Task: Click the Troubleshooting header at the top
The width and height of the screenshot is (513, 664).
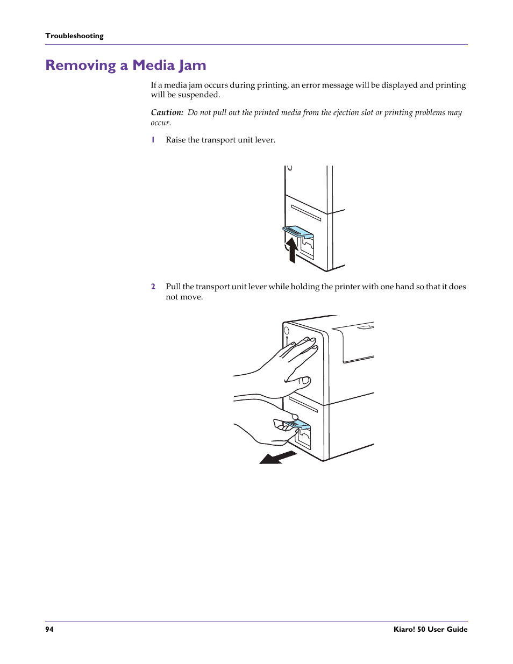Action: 74,36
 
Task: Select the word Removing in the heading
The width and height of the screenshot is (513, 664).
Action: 80,66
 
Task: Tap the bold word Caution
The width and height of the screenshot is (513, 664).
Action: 166,112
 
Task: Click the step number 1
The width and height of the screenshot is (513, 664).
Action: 153,140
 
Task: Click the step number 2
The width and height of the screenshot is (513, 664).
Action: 153,287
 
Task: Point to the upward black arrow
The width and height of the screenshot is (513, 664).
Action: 291,249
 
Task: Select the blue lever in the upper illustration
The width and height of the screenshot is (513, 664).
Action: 298,232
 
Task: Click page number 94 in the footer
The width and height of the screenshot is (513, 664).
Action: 49,629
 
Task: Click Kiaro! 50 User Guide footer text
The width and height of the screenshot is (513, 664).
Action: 430,629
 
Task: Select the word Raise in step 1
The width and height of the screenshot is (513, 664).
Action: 175,140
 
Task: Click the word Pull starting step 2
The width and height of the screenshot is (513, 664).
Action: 173,287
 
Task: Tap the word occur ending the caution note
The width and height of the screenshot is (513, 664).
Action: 160,123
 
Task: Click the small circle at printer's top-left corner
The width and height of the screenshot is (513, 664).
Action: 287,330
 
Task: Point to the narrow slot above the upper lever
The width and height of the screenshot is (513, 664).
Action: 306,213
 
